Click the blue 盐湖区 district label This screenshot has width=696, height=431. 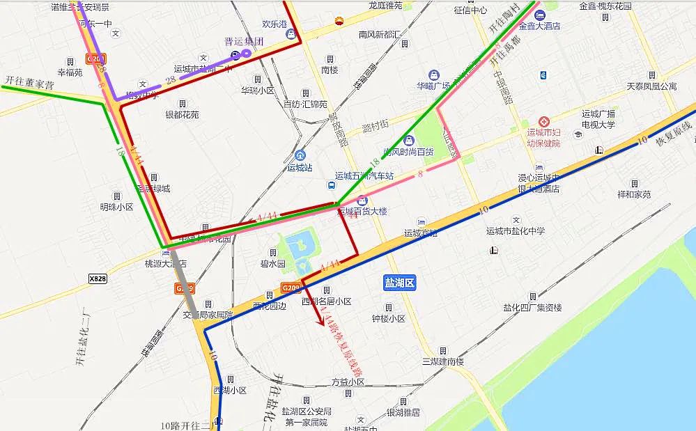tap(399, 283)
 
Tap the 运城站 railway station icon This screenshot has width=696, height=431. tap(300, 155)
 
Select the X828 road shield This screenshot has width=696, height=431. tap(98, 279)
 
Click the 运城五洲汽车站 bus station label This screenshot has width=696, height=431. tap(364, 175)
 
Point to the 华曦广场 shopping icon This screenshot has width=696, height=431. tap(433, 75)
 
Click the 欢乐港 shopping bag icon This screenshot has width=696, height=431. tap(291, 33)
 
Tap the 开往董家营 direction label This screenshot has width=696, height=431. tap(29, 82)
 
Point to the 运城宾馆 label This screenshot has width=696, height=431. tap(420, 233)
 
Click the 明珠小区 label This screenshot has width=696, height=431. tap(116, 207)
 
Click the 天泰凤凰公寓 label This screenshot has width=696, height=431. tap(651, 86)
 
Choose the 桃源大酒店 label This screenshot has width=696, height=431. tap(167, 264)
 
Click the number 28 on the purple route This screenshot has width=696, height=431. tap(171, 80)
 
